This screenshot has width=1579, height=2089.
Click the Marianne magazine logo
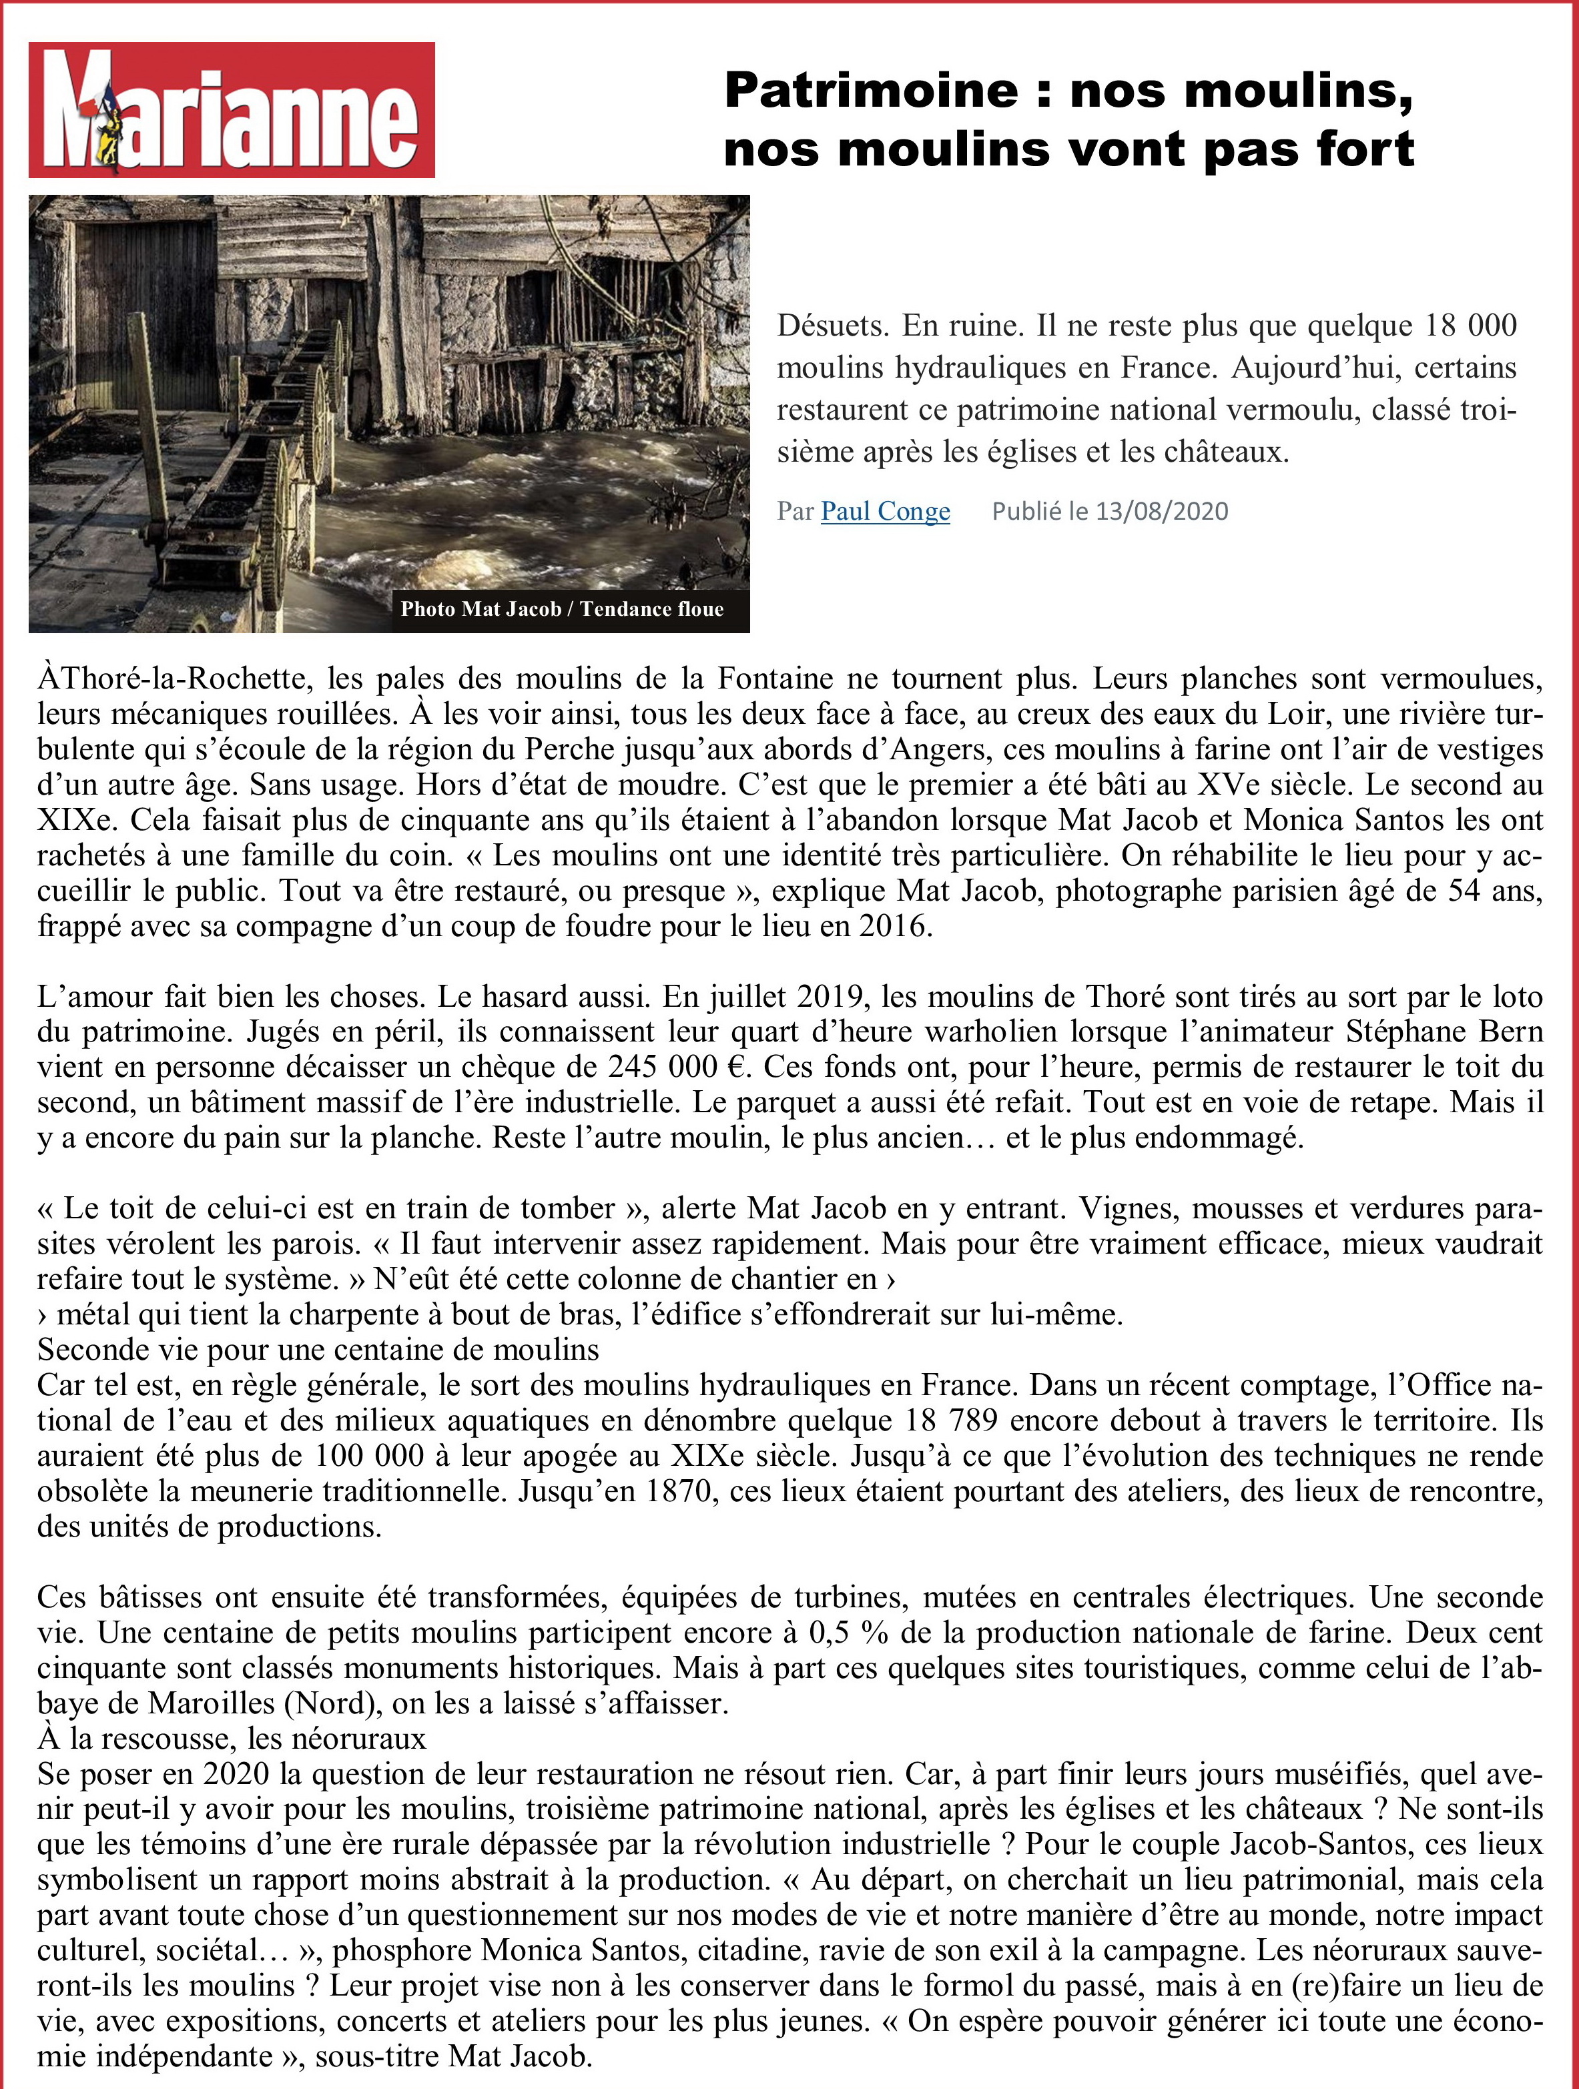[232, 111]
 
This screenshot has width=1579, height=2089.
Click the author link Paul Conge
[885, 511]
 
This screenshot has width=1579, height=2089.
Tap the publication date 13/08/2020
[1162, 512]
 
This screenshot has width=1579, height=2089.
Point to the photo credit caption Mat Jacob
[562, 609]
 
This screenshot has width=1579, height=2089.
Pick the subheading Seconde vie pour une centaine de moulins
[318, 1350]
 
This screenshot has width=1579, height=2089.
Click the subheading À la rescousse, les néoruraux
[232, 1739]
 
